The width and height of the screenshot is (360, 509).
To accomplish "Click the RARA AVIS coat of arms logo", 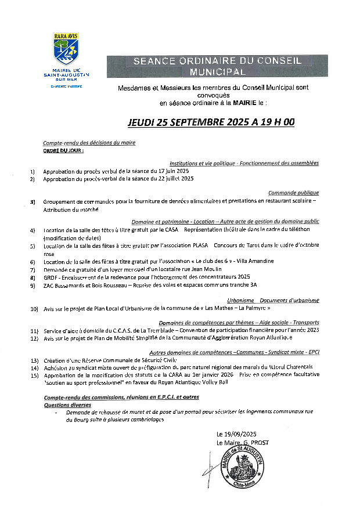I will coord(66,49).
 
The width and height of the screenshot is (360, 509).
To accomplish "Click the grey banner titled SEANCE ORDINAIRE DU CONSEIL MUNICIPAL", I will coord(217,67).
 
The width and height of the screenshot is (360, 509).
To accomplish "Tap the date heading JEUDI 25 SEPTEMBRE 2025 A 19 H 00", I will coord(211,122).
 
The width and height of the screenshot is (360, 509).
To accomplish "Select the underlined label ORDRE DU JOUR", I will coord(63,150).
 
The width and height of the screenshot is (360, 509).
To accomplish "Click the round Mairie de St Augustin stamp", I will coord(243,468).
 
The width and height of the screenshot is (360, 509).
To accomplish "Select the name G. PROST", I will coord(256,442).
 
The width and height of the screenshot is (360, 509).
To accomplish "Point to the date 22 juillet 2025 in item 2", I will coord(173,179).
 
